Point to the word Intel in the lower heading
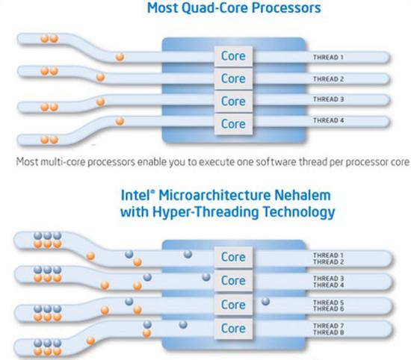137,196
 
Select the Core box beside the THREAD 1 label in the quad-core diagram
233,56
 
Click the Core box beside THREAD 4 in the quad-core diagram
233,123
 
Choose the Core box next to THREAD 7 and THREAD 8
233,328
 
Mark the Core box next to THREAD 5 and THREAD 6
233,304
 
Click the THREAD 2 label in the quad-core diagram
327,78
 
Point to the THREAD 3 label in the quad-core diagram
327,99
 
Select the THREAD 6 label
327,308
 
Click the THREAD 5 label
327,302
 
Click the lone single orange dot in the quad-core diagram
120,55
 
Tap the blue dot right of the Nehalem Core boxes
265,302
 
